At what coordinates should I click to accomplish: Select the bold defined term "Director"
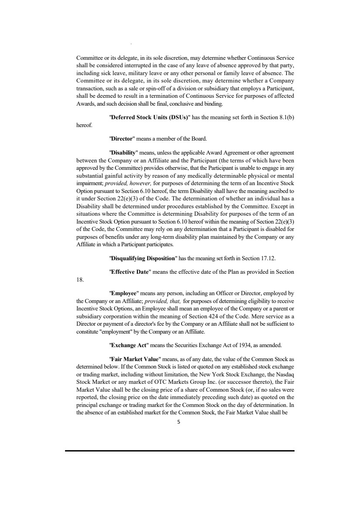coord(123,139)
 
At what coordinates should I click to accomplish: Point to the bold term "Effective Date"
coord(129,272)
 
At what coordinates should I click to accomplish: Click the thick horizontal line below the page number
coord(180,451)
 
